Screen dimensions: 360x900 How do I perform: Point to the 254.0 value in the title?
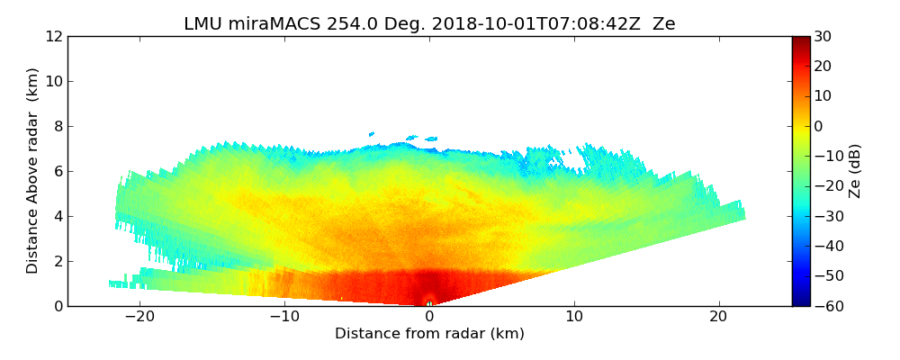(331, 24)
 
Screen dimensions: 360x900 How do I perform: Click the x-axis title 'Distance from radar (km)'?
(429, 334)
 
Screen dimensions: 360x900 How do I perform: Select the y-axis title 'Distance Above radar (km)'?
(33, 170)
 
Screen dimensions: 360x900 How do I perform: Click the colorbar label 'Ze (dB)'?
(855, 170)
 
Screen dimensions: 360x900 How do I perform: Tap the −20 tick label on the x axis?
(139, 317)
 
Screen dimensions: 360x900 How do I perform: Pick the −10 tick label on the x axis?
(284, 317)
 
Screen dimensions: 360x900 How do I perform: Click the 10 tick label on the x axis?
(574, 317)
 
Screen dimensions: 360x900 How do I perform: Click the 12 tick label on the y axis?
(54, 37)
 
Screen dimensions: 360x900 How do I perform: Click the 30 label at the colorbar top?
(823, 37)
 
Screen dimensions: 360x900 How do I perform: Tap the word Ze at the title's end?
(664, 24)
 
